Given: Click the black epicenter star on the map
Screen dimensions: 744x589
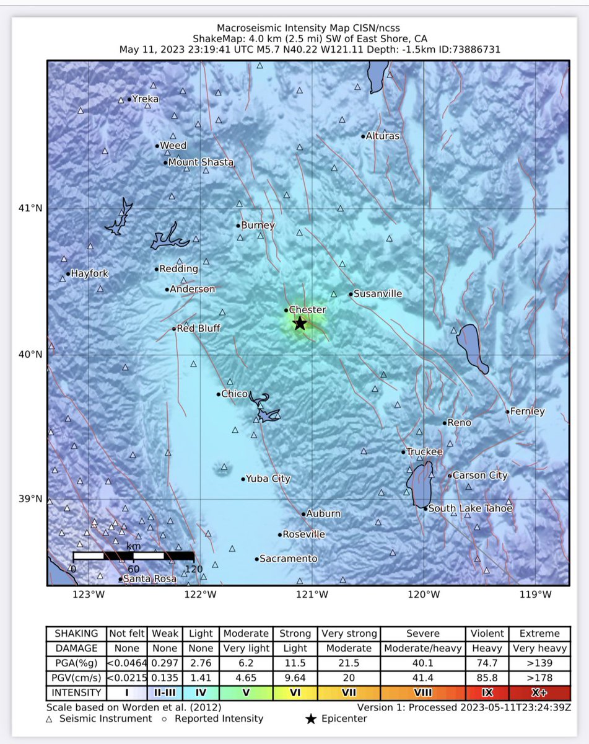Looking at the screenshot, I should pyautogui.click(x=300, y=323).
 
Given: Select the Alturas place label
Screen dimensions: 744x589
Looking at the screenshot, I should pyautogui.click(x=383, y=136).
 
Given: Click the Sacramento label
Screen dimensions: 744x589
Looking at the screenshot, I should pyautogui.click(x=288, y=559).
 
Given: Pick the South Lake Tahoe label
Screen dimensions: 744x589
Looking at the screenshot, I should pyautogui.click(x=471, y=508).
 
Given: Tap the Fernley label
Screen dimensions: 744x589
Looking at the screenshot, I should pyautogui.click(x=528, y=411).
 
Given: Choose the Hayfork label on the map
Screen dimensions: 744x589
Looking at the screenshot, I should pyautogui.click(x=90, y=273).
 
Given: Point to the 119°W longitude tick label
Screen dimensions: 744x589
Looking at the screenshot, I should pyautogui.click(x=536, y=595).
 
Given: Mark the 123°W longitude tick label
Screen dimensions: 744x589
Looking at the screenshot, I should pyautogui.click(x=89, y=595).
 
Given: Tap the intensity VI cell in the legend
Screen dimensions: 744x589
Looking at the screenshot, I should pyautogui.click(x=295, y=691).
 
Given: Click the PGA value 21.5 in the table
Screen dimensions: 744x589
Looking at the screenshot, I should pyautogui.click(x=349, y=663).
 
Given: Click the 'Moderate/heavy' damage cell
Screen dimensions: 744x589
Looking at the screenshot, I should pyautogui.click(x=423, y=648).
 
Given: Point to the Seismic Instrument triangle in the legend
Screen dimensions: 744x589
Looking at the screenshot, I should pyautogui.click(x=50, y=719).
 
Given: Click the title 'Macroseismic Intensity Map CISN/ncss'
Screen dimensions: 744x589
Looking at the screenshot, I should pyautogui.click(x=308, y=28).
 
